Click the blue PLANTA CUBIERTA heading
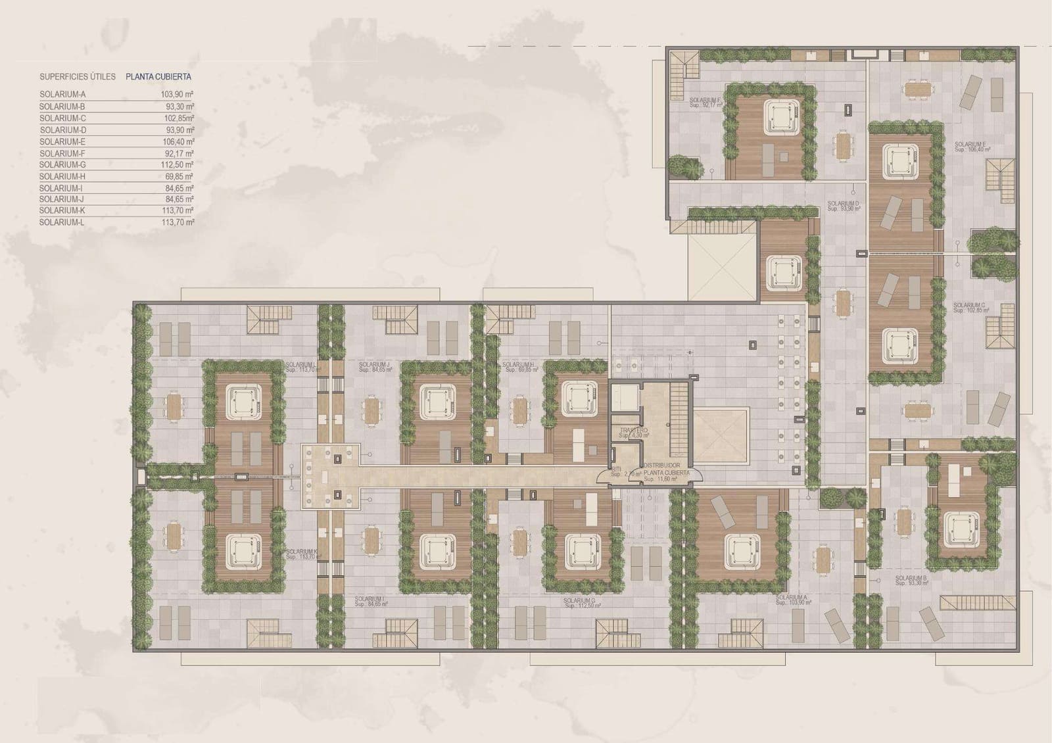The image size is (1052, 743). (158, 77)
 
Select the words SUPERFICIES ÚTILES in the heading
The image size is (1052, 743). (77, 77)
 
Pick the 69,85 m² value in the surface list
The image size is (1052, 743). (179, 177)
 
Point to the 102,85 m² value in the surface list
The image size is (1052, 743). (178, 118)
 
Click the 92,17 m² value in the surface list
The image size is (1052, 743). (178, 153)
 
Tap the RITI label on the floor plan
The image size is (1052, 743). (616, 469)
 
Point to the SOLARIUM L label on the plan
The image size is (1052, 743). (301, 364)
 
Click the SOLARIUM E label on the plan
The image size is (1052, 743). (970, 144)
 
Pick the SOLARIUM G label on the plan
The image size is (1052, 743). (579, 601)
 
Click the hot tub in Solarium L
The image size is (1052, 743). (243, 400)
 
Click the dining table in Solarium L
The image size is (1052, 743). (174, 406)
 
